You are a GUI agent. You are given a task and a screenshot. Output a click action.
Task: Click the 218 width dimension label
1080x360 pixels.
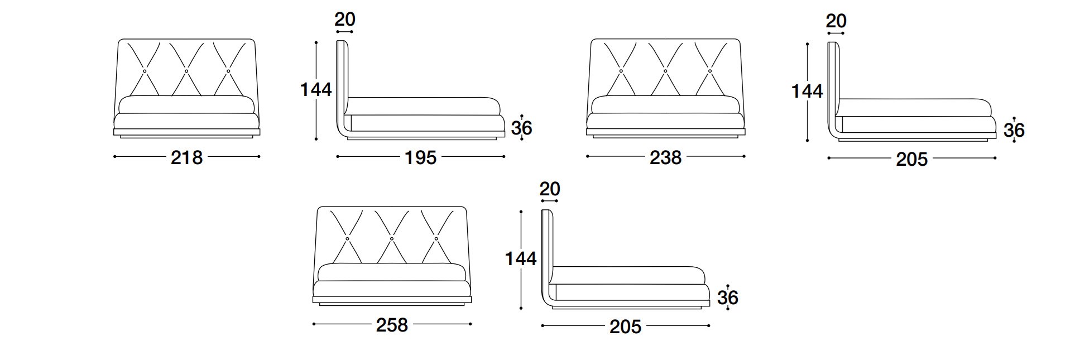(186, 158)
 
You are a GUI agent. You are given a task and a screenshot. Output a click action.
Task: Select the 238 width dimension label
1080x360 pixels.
(665, 158)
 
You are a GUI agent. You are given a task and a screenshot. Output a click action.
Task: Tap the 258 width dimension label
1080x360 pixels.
(392, 325)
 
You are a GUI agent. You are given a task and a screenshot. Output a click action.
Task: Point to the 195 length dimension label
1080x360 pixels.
(420, 158)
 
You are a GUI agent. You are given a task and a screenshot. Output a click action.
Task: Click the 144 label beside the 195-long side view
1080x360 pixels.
(316, 89)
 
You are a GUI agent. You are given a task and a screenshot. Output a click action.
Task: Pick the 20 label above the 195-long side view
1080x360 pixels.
(345, 20)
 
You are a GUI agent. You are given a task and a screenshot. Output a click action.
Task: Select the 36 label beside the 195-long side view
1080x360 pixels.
(522, 128)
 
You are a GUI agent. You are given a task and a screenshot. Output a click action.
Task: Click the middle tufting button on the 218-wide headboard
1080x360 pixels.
(186, 71)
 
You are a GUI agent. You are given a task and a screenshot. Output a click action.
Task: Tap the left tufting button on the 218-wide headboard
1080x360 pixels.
(145, 71)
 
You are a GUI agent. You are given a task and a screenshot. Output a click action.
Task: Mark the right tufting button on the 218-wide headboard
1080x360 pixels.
(229, 71)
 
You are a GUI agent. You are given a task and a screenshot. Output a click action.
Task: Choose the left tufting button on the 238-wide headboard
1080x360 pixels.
(621, 71)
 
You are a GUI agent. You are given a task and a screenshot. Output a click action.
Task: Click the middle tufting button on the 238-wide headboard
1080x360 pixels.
(665, 71)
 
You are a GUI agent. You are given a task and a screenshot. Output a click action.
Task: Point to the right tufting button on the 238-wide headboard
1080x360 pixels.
(710, 71)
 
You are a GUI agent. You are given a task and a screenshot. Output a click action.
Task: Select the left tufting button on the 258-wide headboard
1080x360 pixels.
(347, 239)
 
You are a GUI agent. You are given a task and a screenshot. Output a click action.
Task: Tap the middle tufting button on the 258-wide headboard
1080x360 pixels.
(392, 239)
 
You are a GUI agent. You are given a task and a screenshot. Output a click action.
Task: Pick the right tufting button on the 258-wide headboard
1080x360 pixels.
(436, 239)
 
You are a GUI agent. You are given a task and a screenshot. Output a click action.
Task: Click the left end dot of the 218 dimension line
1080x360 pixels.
(114, 157)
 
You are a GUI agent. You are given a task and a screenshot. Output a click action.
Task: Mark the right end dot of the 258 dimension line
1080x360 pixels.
(471, 324)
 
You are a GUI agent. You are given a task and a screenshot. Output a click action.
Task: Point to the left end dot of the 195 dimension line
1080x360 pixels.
(337, 157)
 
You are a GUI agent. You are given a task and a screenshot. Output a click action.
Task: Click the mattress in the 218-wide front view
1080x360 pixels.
(186, 104)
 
